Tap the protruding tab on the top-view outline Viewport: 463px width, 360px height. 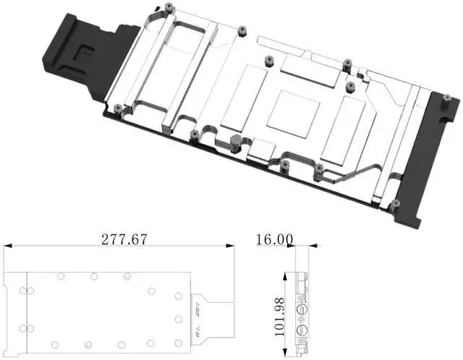[x=216, y=316]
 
